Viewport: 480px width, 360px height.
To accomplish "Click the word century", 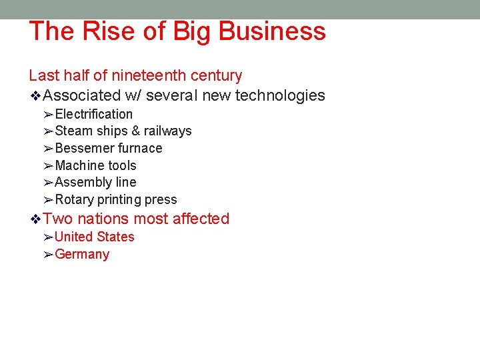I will point(216,76).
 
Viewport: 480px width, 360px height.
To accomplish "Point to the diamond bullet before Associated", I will point(36,96).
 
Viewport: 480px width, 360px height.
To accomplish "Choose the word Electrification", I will point(93,115).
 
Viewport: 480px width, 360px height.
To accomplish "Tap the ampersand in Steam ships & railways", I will point(135,131).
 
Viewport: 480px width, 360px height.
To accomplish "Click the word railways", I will point(167,131).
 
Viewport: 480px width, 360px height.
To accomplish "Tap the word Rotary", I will point(74,200).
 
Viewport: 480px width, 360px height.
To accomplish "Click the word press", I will point(161,200).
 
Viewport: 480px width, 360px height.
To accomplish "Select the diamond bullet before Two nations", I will point(36,219).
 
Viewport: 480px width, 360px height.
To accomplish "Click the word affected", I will point(199,219).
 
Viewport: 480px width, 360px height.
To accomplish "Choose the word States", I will point(115,237).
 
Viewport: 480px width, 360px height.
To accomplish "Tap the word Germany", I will point(82,254).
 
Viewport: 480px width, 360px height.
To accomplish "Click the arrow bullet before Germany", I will point(48,254).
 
